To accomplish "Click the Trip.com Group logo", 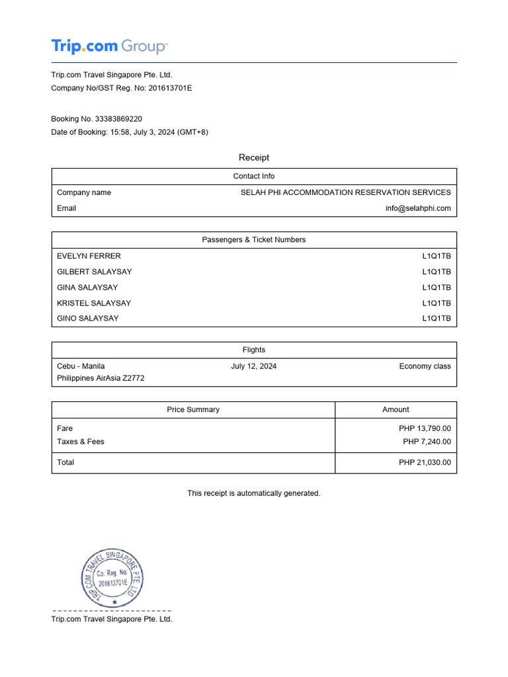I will click(x=110, y=46).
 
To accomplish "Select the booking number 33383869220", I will click(x=118, y=119).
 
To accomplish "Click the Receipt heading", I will click(x=254, y=157).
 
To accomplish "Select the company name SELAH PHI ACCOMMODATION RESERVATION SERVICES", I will click(x=345, y=192).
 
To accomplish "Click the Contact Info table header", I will click(x=254, y=177).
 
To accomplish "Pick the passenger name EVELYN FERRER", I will click(x=89, y=256).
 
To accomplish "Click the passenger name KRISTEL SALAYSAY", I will click(x=94, y=303).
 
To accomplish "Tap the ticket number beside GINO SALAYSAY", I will click(x=437, y=319).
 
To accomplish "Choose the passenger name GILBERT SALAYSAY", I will click(x=95, y=272).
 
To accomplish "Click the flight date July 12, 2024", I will click(x=254, y=366).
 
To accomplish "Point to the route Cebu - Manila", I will click(x=81, y=366).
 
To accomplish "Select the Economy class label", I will click(x=425, y=366).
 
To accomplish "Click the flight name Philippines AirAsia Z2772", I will click(x=101, y=379).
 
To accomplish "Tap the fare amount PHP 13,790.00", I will click(x=425, y=428).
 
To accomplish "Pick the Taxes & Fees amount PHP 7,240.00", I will click(x=427, y=442).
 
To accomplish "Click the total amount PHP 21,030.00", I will click(x=425, y=463).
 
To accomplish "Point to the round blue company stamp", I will click(x=112, y=578).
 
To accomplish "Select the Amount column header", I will click(x=396, y=410).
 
